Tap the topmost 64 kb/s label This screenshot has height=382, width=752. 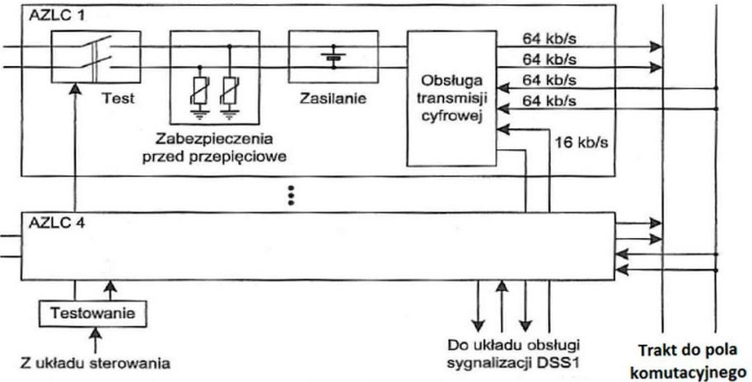[x=551, y=38]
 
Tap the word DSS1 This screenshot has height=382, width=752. [x=563, y=361]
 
